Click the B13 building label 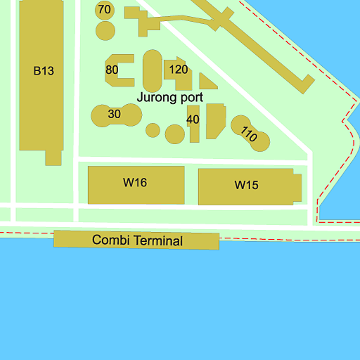[x=44, y=70]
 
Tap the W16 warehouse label [x=135, y=183]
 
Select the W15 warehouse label [x=247, y=186]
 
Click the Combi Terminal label [x=137, y=240]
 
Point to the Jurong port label [x=170, y=98]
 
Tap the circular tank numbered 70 [x=105, y=10]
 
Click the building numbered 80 [x=112, y=70]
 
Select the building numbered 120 [x=179, y=69]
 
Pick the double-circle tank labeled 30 [x=115, y=114]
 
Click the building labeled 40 [x=193, y=120]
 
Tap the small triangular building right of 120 [x=206, y=82]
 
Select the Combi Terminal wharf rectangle [x=70, y=239]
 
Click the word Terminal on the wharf [x=158, y=241]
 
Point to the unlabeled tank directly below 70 [x=105, y=31]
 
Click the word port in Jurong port [x=192, y=98]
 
